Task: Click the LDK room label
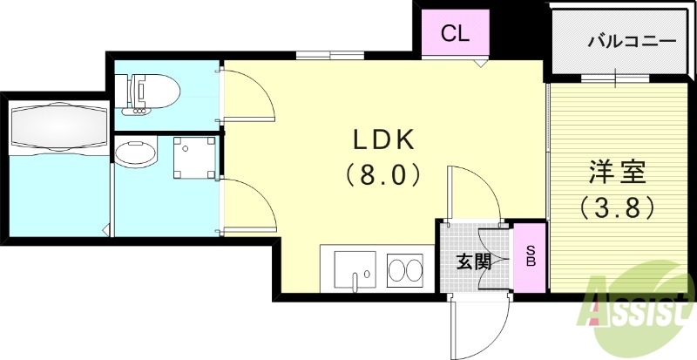(384, 140)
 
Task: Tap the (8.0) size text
(383, 174)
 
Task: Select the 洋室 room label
(618, 173)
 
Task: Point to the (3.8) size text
(617, 207)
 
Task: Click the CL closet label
(455, 34)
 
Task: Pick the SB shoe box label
(531, 256)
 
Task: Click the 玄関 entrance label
(474, 263)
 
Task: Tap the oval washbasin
(136, 153)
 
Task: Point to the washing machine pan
(194, 157)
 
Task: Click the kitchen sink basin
(355, 270)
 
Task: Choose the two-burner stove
(404, 270)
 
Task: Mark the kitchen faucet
(355, 281)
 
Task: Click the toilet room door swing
(247, 94)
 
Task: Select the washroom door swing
(249, 206)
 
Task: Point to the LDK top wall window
(330, 55)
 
